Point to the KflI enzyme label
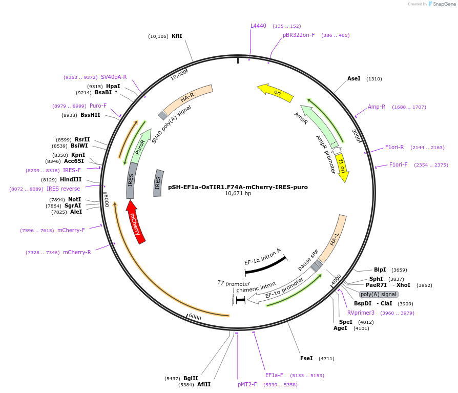(x=177, y=36)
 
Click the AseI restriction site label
(x=353, y=79)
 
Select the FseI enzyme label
(x=306, y=358)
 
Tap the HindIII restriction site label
(x=70, y=179)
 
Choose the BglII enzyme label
(x=191, y=378)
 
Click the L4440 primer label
(x=258, y=26)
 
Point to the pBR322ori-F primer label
(x=299, y=35)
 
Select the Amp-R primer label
(x=377, y=107)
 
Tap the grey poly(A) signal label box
(x=379, y=294)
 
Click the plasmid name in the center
(x=238, y=187)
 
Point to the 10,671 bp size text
(x=238, y=194)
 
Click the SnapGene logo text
(x=444, y=4)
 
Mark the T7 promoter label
(x=234, y=283)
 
